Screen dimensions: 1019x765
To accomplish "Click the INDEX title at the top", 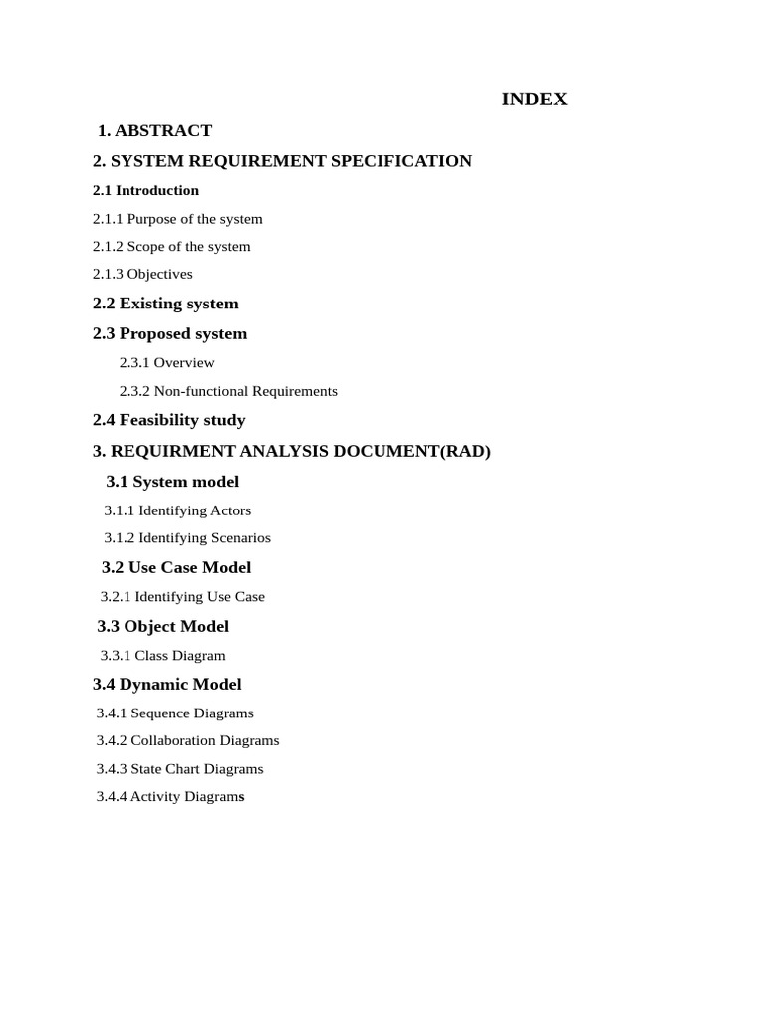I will point(534,100).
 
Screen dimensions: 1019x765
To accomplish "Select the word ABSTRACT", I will point(163,130).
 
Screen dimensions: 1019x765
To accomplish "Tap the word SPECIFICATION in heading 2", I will point(402,161).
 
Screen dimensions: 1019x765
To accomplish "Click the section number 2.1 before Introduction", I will point(102,190).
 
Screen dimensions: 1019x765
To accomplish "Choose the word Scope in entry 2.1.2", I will point(145,246).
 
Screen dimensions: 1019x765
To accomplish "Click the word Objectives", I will point(160,274).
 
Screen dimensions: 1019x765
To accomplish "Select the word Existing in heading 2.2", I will point(149,304).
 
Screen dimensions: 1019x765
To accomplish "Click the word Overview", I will point(184,363).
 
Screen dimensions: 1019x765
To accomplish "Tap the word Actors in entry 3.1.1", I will point(231,510).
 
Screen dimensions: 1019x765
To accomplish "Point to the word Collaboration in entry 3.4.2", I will point(173,740).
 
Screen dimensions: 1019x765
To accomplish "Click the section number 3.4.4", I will point(112,796).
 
